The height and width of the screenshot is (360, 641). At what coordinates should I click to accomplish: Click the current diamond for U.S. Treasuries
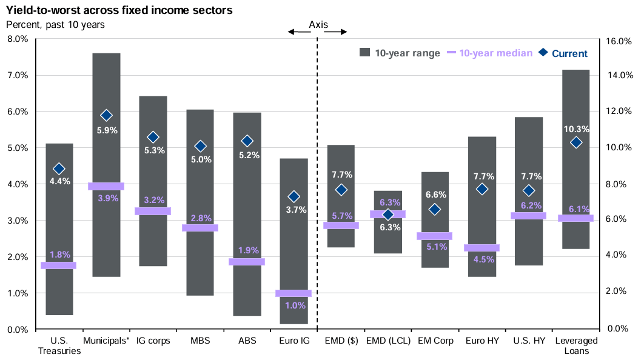[59, 168]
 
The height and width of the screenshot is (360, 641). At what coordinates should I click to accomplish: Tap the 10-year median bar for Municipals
[106, 186]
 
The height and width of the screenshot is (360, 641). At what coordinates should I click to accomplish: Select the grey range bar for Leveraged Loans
[576, 159]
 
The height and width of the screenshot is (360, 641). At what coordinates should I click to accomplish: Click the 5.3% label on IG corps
[155, 150]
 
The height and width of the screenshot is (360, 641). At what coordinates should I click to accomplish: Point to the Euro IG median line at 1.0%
[294, 293]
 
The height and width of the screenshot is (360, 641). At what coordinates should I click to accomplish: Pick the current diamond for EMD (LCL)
[388, 215]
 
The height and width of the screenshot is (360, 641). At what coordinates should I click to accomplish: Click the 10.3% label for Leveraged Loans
[576, 129]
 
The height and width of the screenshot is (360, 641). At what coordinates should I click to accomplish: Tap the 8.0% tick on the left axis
[18, 39]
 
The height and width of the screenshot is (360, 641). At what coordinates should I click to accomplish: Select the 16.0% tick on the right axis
[619, 41]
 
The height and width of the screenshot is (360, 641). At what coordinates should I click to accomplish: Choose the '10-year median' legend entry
[490, 53]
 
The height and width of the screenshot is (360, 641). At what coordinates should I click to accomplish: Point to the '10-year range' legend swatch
[364, 52]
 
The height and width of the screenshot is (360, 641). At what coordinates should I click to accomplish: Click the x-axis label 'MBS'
[200, 341]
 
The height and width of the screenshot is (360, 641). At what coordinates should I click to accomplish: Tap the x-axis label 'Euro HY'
[482, 341]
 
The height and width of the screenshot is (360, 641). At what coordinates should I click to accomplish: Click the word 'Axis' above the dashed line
[318, 24]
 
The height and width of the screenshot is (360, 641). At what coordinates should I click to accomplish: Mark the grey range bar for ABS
[247, 214]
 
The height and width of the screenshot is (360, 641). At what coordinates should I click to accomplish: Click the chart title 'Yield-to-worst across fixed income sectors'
[119, 10]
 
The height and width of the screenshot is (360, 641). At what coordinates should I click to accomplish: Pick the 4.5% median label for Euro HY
[484, 259]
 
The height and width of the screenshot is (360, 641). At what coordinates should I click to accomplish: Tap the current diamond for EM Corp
[435, 210]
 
